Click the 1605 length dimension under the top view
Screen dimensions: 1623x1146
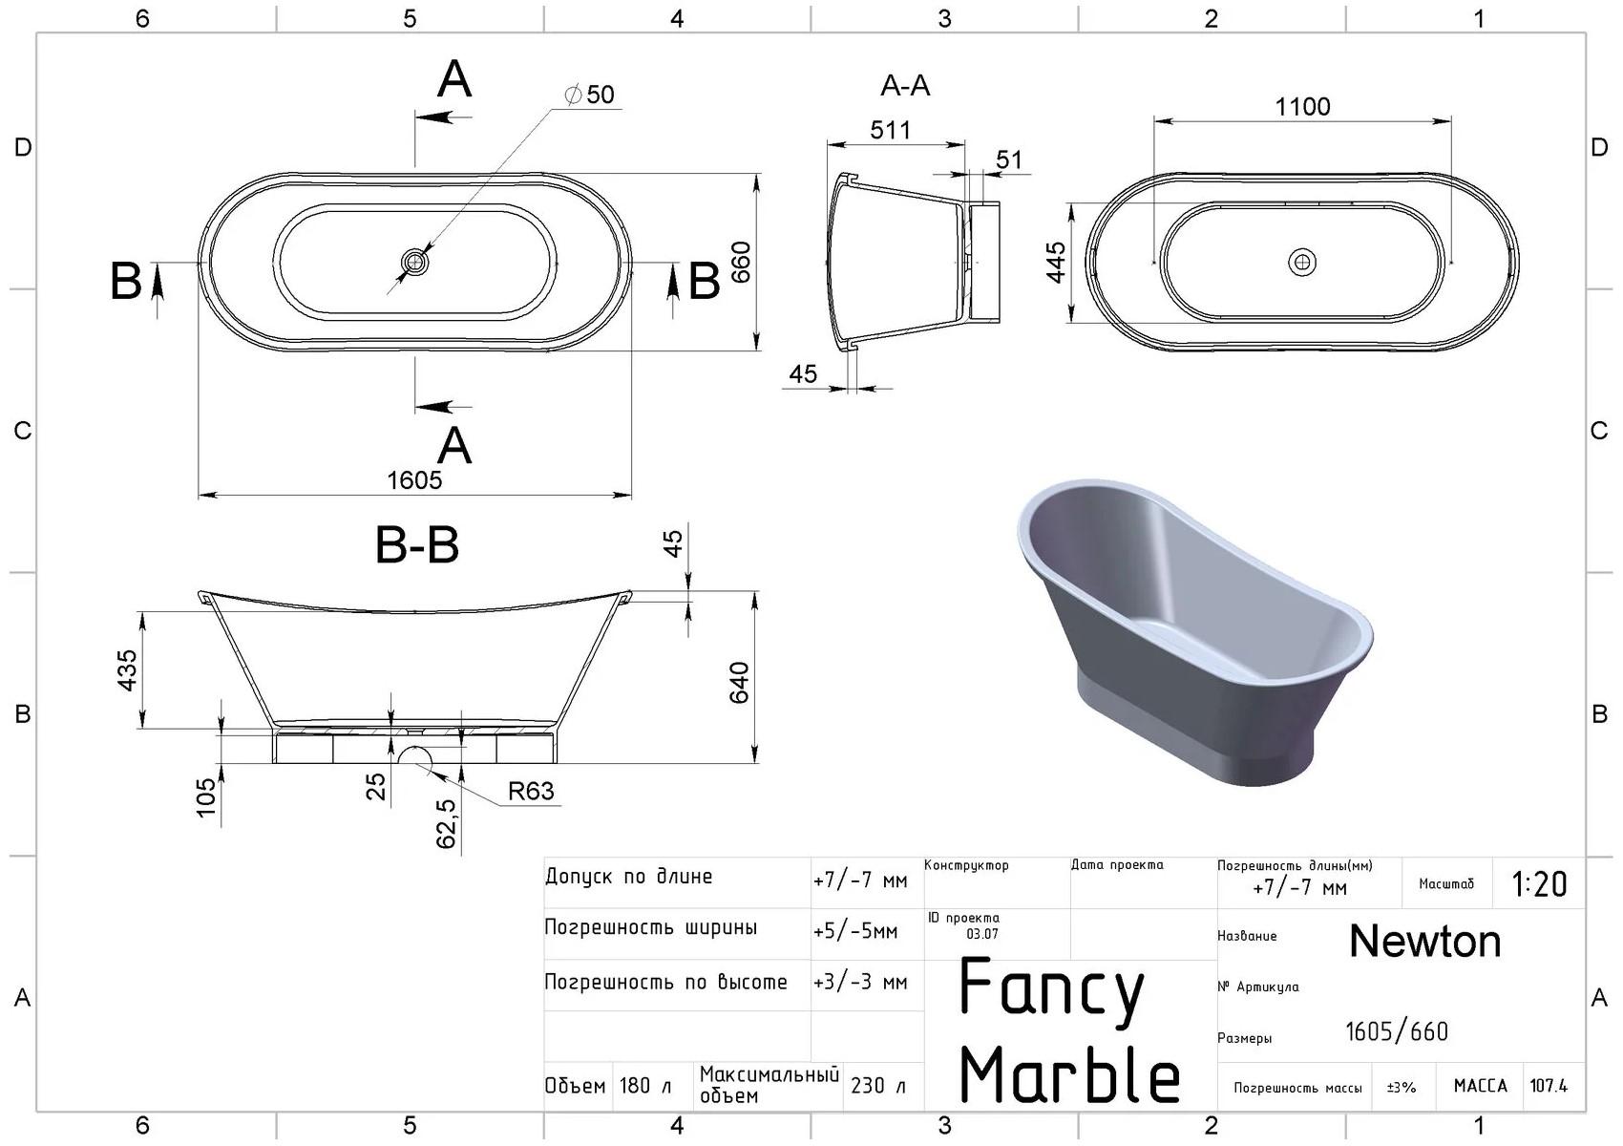[x=414, y=479]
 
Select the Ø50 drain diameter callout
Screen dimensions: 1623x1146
[x=589, y=95]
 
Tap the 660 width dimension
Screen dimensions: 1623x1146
[x=741, y=263]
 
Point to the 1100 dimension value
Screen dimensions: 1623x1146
[x=1302, y=107]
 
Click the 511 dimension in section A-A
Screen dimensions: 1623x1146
[x=891, y=130]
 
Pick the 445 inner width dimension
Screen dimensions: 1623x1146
[x=1056, y=263]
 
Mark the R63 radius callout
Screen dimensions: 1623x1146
[x=531, y=791]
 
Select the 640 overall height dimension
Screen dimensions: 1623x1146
[x=738, y=682]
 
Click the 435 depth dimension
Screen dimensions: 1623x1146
[x=126, y=670]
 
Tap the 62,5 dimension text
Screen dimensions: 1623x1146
[x=446, y=823]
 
